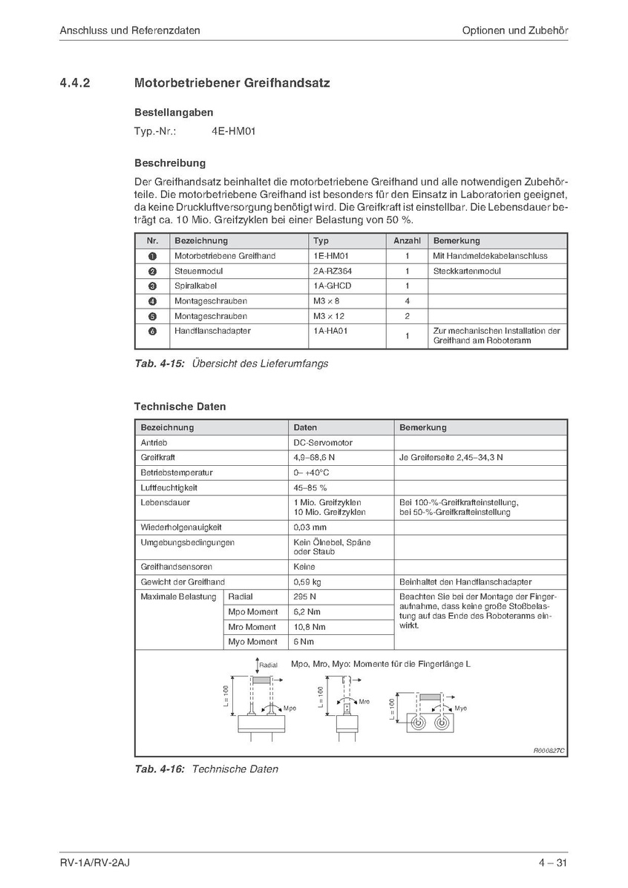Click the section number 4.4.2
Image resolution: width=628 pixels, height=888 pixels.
[x=75, y=83]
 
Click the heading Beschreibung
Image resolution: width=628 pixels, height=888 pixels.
[x=170, y=162]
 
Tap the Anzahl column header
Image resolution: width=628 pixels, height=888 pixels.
[x=407, y=240]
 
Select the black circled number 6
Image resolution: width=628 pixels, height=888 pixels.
[x=152, y=331]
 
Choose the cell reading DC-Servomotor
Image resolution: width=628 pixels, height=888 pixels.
[x=323, y=443]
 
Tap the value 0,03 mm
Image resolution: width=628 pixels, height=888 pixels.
[x=310, y=527]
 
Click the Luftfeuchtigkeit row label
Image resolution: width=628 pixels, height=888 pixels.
[x=169, y=488]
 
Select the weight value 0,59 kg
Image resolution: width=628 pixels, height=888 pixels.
[x=309, y=582]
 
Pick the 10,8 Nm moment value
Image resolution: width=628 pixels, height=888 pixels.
[x=310, y=627]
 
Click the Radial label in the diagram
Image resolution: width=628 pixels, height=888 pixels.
[x=268, y=665]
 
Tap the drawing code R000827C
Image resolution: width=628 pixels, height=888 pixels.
[x=549, y=750]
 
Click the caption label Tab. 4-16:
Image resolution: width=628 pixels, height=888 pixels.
[x=160, y=769]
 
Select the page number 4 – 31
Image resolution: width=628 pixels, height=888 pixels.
[x=553, y=862]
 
